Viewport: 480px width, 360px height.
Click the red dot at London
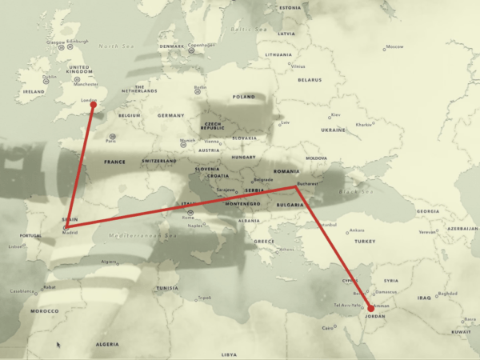[x=94, y=104]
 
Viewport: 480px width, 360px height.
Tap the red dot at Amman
[x=370, y=308]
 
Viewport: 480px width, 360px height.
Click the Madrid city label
[x=70, y=233]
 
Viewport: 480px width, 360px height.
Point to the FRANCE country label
[x=114, y=162]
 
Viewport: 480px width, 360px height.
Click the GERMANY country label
[x=170, y=115]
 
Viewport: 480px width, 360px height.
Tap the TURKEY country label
[x=366, y=241]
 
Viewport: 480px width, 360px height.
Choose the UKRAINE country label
[x=333, y=130]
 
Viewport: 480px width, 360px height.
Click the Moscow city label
[x=394, y=46]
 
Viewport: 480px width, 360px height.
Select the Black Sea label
[x=351, y=191]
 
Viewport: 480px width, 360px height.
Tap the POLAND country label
[x=242, y=96]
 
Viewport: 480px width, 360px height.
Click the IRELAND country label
[x=34, y=91]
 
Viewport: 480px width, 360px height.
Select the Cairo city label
[x=328, y=327]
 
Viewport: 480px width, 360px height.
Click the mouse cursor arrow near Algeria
[x=58, y=345]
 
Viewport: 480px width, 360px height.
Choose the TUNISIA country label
[x=167, y=288]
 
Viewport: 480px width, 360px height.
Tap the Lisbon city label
[x=16, y=246]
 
